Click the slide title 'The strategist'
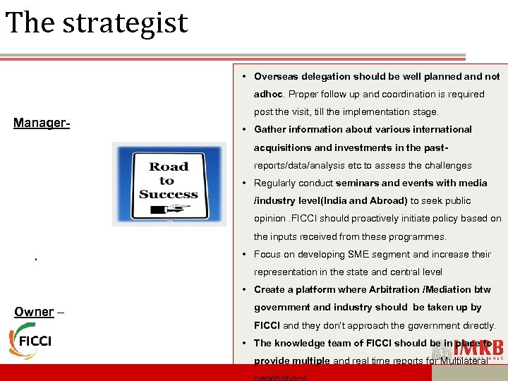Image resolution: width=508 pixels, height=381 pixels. tap(97, 23)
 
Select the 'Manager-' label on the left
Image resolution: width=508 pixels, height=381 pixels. tap(42, 123)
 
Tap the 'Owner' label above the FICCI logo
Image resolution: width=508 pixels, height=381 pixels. tap(34, 312)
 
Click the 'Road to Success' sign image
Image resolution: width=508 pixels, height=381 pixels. tap(169, 183)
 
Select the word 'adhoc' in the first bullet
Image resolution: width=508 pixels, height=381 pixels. tap(268, 94)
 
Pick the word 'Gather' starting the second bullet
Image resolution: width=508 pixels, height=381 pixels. tap(270, 129)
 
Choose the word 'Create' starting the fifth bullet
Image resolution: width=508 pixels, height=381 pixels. tap(270, 289)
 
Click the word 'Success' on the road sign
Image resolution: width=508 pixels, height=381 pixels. tap(169, 194)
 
